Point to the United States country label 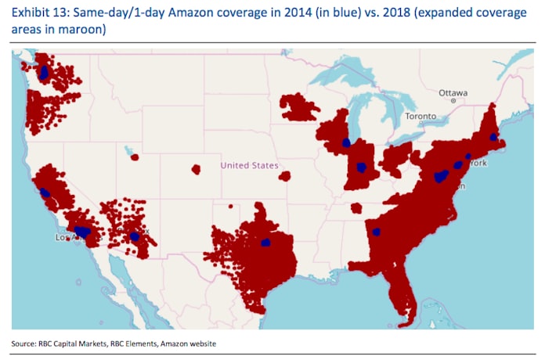point(249,165)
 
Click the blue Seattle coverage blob point(44,73)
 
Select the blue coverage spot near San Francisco point(45,192)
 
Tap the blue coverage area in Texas point(265,243)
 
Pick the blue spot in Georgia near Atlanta point(377,231)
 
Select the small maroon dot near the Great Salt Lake point(134,157)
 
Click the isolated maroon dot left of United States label point(196,168)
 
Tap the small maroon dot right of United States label point(284,176)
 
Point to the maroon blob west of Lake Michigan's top point(299,107)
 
